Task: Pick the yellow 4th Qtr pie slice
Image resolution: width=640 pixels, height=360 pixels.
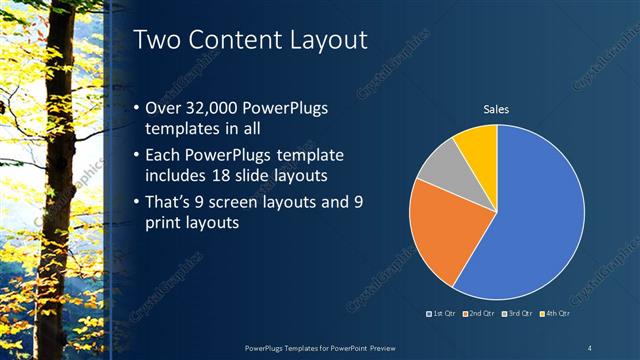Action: click(x=478, y=145)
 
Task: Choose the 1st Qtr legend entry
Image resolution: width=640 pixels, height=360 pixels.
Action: click(x=443, y=314)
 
